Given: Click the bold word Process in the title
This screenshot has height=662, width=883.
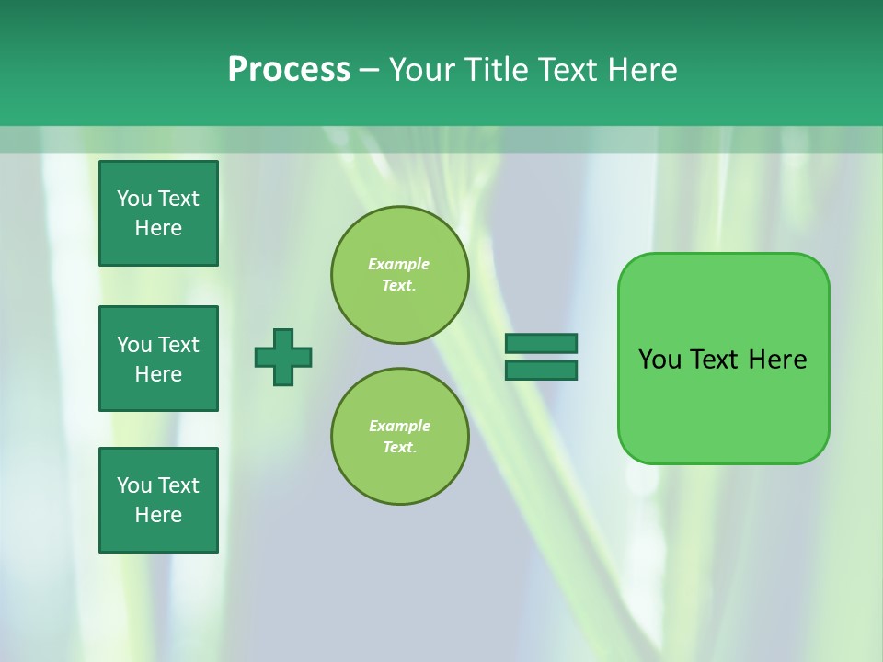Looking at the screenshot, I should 289,70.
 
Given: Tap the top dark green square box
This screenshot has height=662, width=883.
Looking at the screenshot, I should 158,213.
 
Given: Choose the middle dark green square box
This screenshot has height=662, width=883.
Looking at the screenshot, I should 158,359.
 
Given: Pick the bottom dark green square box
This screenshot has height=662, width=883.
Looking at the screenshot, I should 158,500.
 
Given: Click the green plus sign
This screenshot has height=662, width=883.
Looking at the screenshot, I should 283,357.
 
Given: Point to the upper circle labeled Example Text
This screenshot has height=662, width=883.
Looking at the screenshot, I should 399,275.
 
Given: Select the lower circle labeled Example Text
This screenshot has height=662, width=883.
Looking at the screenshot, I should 399,436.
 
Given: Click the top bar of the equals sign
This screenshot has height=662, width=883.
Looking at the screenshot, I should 541,344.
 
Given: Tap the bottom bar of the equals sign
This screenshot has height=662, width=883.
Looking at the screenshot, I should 541,370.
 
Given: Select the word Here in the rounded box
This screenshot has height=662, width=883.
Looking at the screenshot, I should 777,360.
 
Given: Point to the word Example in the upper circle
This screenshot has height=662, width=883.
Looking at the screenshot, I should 398,264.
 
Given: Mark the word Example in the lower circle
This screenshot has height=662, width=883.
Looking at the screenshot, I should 399,426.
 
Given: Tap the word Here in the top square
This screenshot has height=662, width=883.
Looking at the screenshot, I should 158,228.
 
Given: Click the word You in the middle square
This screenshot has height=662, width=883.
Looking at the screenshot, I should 132,345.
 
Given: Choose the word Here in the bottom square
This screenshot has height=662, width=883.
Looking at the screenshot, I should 158,515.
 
